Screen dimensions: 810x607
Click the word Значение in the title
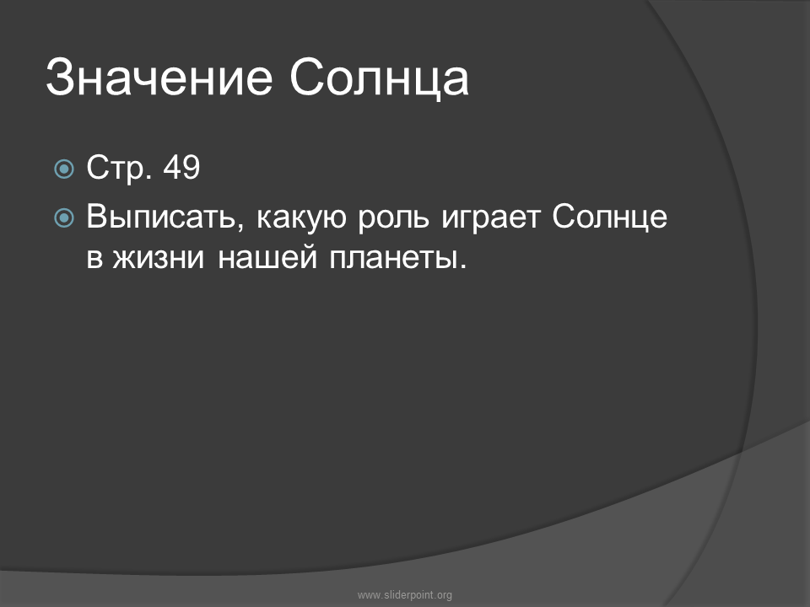tap(159, 78)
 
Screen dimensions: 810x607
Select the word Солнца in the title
tap(379, 78)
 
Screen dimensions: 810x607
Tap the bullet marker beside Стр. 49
tap(64, 169)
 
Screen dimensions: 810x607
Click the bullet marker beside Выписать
tap(64, 218)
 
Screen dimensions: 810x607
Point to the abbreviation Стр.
tap(119, 169)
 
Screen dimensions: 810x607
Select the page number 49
tap(181, 167)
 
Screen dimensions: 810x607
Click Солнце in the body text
tap(609, 218)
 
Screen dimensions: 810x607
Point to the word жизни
tap(158, 257)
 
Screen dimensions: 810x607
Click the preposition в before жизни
tap(94, 258)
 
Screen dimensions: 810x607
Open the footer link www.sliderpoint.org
tap(404, 595)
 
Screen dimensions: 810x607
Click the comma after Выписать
tap(240, 226)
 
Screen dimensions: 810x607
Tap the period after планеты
tap(462, 266)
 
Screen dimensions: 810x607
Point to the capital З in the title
tap(60, 77)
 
